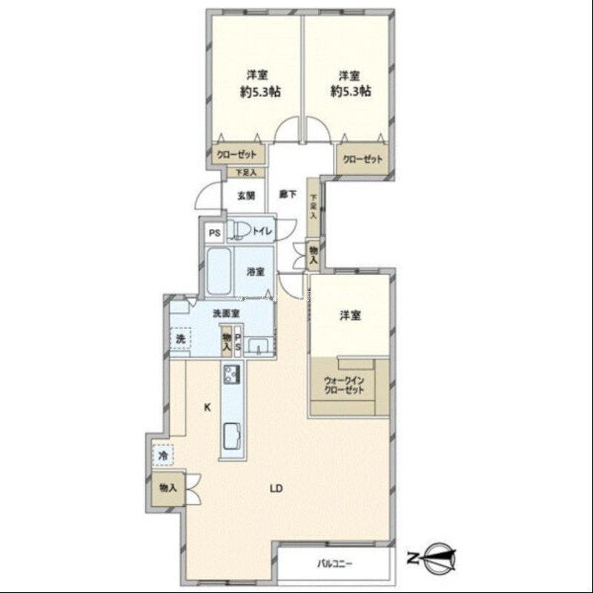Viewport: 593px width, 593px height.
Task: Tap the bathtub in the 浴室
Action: point(219,271)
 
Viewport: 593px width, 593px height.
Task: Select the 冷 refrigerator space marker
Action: point(163,455)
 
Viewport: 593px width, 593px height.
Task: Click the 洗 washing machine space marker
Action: point(180,339)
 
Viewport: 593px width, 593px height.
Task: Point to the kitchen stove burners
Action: point(232,374)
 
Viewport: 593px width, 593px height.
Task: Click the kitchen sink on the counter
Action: point(233,436)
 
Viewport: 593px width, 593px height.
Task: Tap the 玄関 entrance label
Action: point(246,196)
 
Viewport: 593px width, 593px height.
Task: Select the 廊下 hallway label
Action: point(288,194)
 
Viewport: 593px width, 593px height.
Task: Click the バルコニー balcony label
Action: point(335,564)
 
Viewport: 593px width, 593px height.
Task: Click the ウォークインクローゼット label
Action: point(344,385)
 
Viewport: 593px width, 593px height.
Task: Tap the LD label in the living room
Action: point(276,488)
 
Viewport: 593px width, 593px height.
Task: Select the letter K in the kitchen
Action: point(207,407)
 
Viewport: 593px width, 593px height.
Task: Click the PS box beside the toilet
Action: point(214,233)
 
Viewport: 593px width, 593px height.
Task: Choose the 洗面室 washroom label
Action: point(227,313)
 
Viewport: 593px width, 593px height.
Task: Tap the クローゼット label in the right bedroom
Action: point(362,159)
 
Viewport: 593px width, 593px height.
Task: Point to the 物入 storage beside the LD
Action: point(168,488)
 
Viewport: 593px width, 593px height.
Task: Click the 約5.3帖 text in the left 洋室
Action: point(261,92)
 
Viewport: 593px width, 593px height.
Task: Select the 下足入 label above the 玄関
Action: point(246,173)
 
